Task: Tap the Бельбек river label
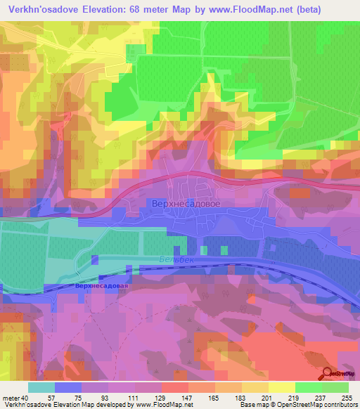click(172, 259)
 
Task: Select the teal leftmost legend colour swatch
click(41, 387)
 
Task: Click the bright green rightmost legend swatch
click(335, 387)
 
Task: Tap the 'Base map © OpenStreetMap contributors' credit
click(297, 405)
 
